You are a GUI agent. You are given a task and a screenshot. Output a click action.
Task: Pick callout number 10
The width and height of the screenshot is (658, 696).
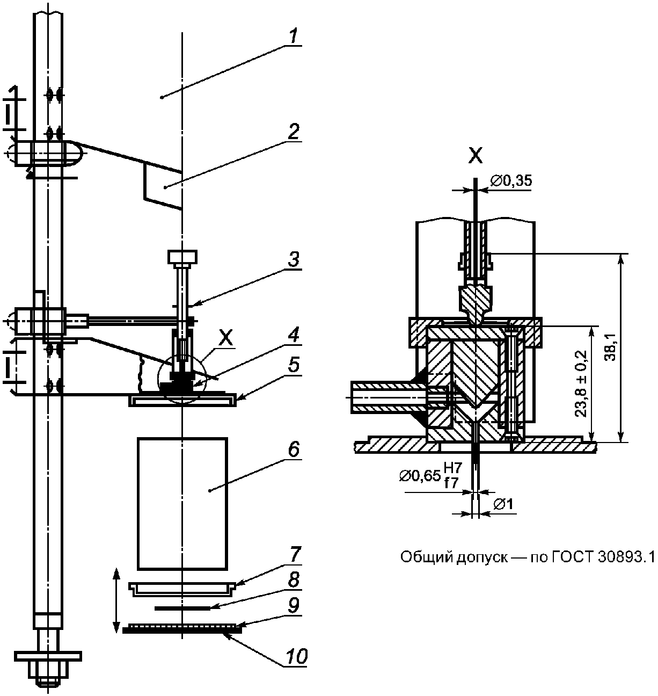pos(296,656)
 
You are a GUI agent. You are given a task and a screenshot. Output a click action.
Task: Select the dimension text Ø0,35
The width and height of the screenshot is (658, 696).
pos(511,181)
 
